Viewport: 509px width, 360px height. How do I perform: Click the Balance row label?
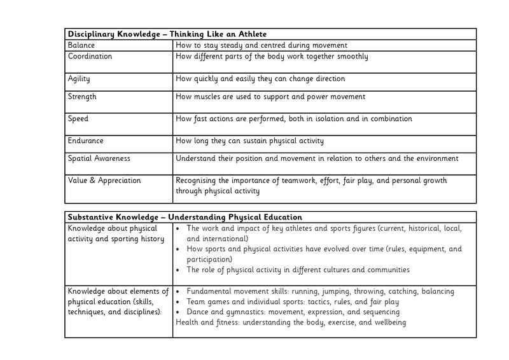(x=81, y=46)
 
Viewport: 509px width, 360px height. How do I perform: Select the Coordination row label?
(x=90, y=57)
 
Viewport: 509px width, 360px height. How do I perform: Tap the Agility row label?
(x=80, y=79)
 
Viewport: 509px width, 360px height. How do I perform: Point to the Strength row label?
(x=83, y=97)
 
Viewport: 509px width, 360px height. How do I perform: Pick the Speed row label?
(x=78, y=119)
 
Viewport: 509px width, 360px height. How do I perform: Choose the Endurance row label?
(x=86, y=141)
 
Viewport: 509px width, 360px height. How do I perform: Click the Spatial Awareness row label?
(x=99, y=158)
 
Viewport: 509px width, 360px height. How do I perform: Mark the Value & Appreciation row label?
(x=104, y=181)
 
